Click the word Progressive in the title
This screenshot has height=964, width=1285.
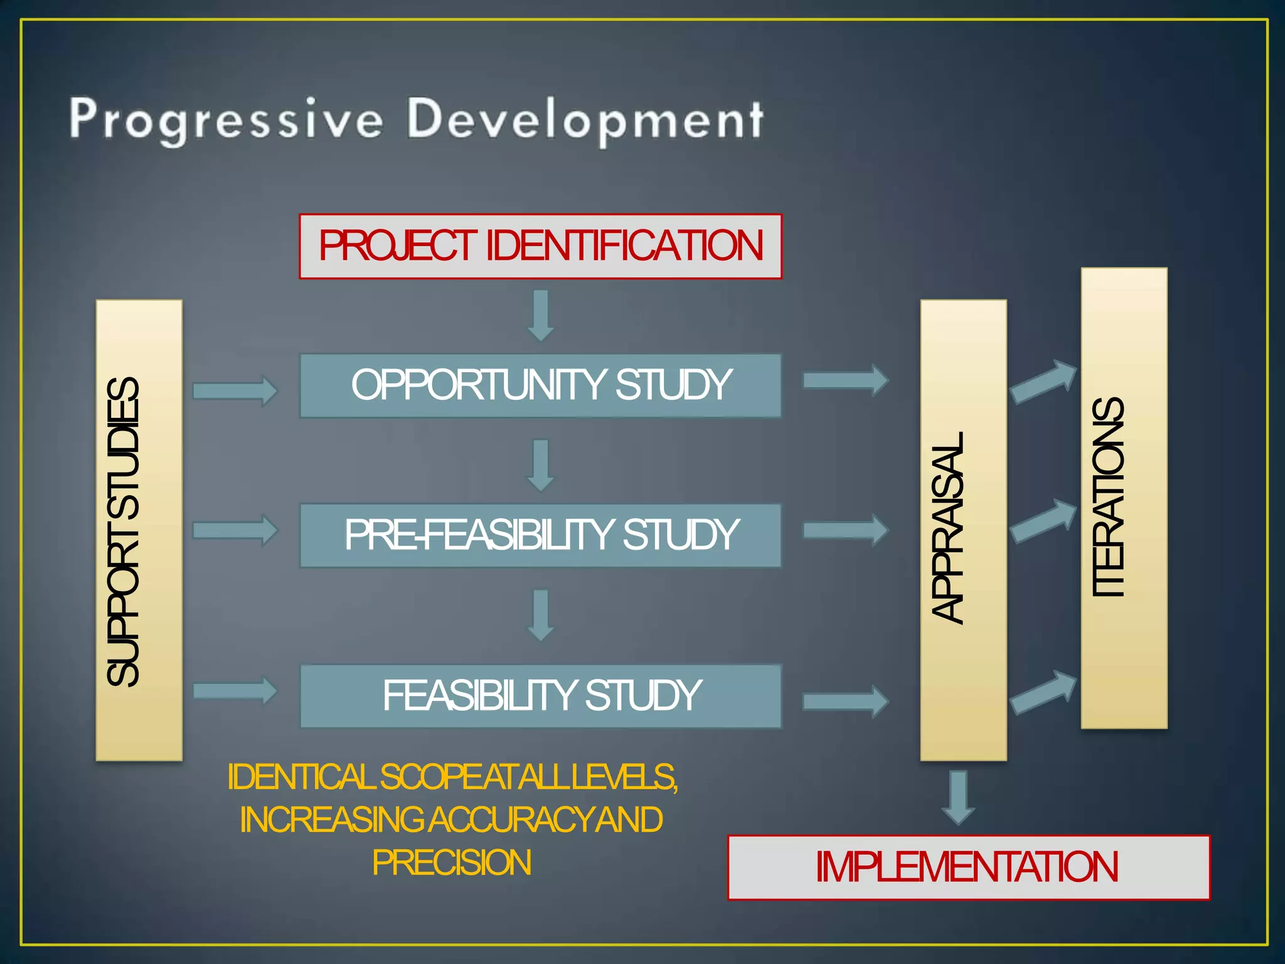[x=226, y=119]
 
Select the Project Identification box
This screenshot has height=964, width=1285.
[x=540, y=246]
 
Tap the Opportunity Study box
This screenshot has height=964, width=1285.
[x=540, y=385]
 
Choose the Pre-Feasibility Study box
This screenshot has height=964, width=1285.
[x=540, y=535]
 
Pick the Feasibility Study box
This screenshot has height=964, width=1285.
[x=540, y=695]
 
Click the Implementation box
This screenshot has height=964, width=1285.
[x=968, y=867]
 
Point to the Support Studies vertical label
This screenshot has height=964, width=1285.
[x=124, y=531]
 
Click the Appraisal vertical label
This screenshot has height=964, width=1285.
[x=947, y=527]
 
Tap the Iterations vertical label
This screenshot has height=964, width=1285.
[x=1108, y=497]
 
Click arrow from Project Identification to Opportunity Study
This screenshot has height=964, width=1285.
[x=540, y=315]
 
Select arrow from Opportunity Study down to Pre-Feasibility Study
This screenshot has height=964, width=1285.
[x=540, y=465]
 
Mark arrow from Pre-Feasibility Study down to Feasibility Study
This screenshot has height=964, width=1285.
[x=540, y=614]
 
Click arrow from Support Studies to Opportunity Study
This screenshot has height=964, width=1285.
[x=235, y=391]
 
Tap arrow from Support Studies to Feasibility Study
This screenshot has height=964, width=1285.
[x=235, y=691]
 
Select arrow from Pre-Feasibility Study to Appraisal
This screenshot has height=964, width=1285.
[x=845, y=530]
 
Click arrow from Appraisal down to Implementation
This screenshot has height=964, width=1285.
[x=958, y=797]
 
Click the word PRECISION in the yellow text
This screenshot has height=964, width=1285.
[x=451, y=862]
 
